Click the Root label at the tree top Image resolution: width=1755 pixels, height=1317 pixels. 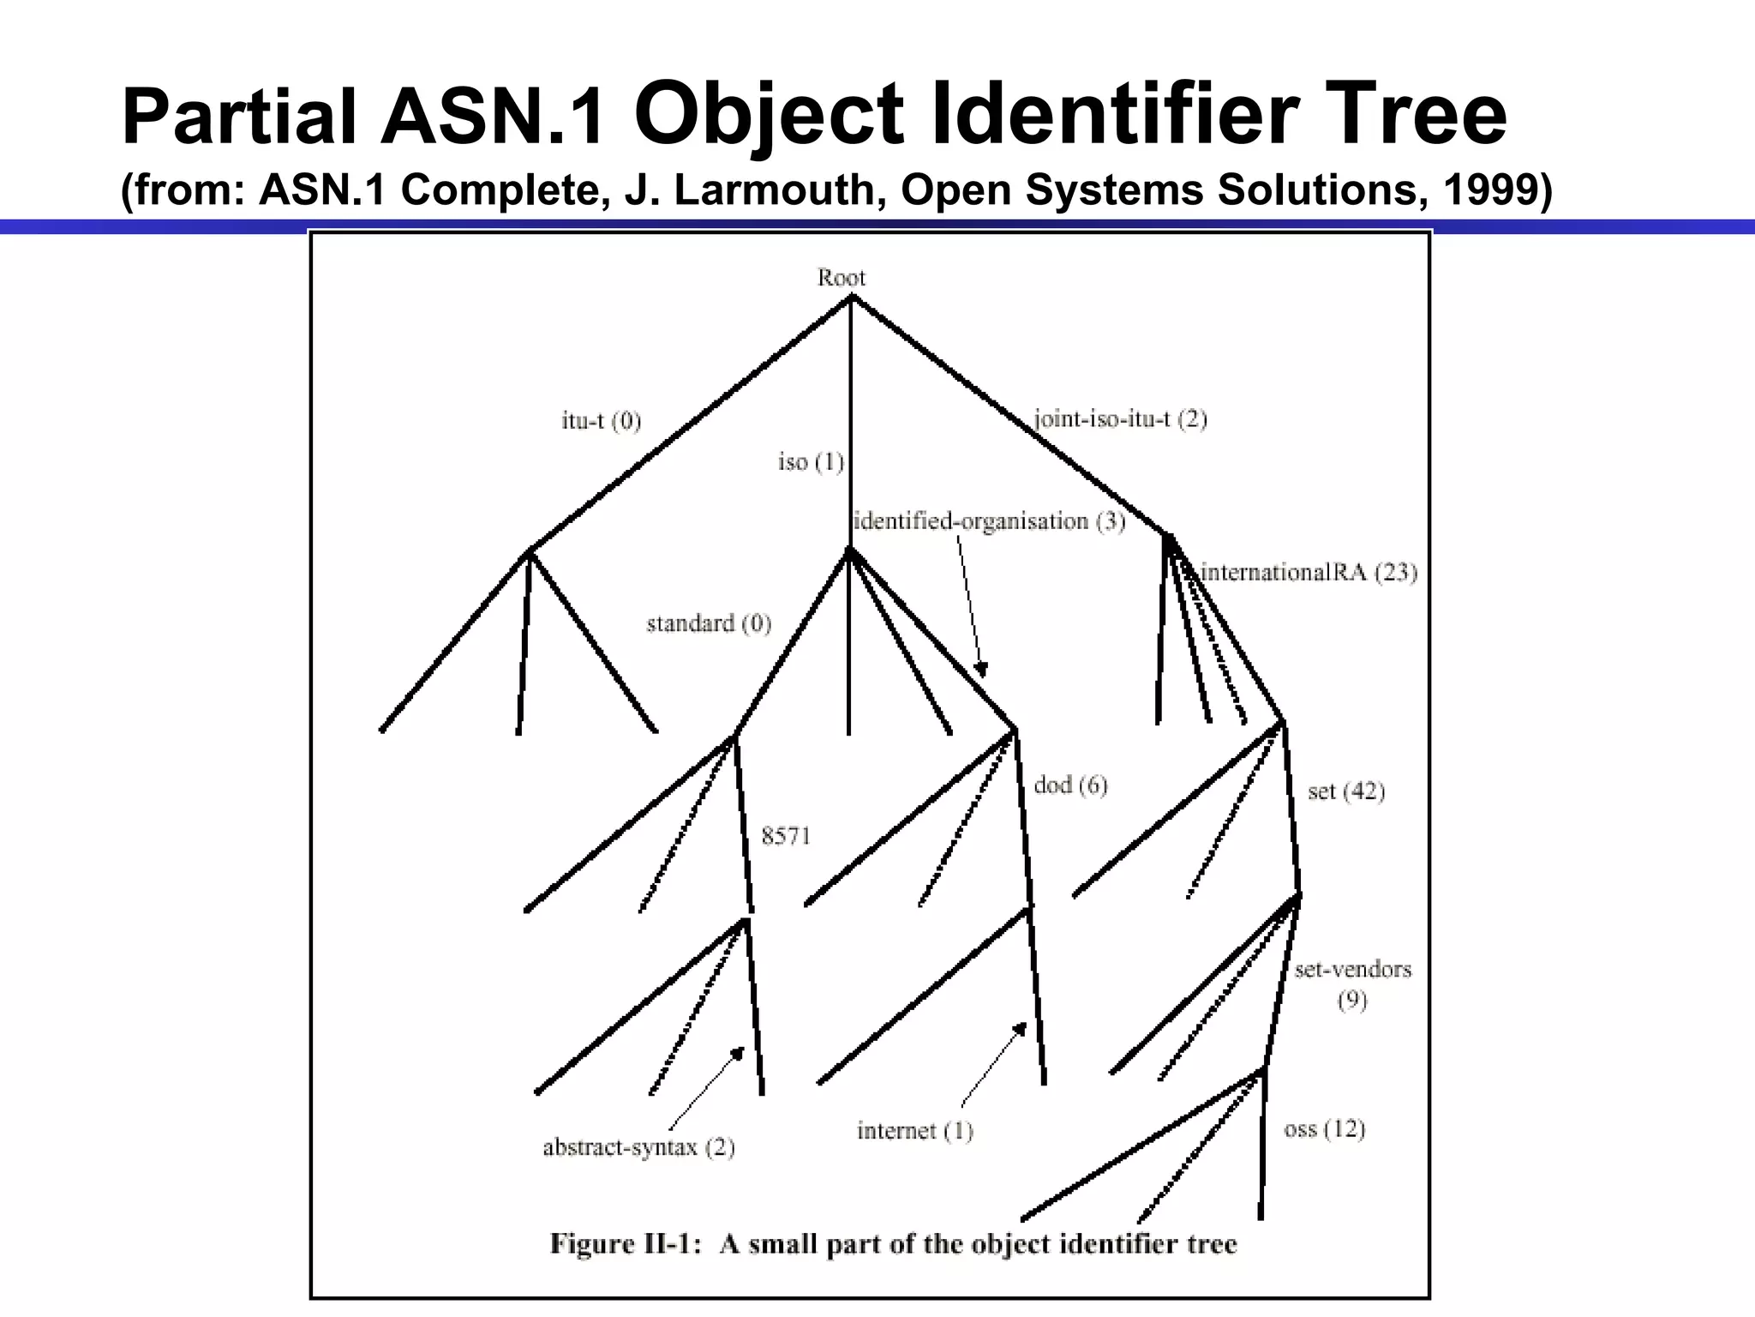click(x=841, y=278)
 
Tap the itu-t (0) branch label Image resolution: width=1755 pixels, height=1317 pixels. click(x=601, y=420)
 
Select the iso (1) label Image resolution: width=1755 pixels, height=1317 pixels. click(x=811, y=462)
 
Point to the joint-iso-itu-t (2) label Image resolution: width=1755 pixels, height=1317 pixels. click(x=1120, y=419)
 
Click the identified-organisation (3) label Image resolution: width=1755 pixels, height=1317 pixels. click(x=989, y=521)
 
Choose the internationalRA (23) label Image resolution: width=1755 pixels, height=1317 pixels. click(x=1309, y=572)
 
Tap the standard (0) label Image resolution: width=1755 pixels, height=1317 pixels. click(x=709, y=623)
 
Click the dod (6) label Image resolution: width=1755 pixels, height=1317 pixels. click(x=1070, y=785)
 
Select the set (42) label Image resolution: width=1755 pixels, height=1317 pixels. click(x=1346, y=791)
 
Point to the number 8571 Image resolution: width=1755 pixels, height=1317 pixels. click(x=786, y=835)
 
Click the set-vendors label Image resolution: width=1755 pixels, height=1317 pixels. click(x=1352, y=970)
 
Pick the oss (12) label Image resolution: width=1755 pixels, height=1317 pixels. click(x=1324, y=1129)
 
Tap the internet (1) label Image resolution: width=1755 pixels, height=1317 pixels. click(x=914, y=1131)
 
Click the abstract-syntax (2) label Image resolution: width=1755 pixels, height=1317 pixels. click(x=638, y=1147)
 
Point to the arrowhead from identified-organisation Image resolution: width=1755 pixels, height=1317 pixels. click(x=982, y=669)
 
